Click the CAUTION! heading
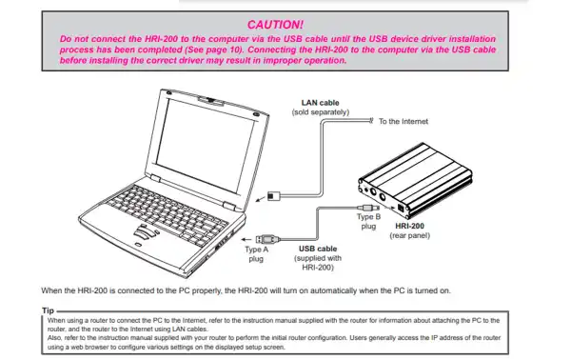pos(275,25)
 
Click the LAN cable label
pos(320,103)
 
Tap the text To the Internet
pos(404,121)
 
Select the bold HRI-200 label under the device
pos(409,226)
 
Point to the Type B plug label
pos(368,221)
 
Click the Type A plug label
pos(256,254)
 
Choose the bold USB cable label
pos(318,249)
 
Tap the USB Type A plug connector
pos(267,239)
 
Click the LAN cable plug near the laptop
pos(274,196)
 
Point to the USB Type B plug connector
pos(368,208)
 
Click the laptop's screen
pos(205,145)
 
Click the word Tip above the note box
pos(49,310)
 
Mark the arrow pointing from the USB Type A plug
pos(246,239)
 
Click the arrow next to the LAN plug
pos(261,199)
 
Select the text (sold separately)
pos(321,112)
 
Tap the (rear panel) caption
pos(409,235)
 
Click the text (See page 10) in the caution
pos(214,50)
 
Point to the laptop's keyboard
pos(167,215)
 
